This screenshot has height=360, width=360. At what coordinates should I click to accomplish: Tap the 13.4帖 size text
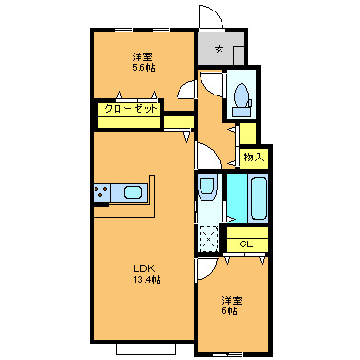(145, 280)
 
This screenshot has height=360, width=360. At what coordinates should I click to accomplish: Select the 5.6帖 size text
(144, 68)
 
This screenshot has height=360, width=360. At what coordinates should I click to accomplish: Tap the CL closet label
(245, 244)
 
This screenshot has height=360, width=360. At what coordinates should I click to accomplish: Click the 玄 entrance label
(219, 49)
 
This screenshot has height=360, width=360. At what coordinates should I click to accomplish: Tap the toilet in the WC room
(241, 94)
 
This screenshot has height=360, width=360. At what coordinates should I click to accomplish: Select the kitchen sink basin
(131, 195)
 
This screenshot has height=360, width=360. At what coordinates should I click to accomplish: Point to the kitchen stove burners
(101, 194)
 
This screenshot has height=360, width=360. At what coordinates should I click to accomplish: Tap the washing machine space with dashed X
(207, 238)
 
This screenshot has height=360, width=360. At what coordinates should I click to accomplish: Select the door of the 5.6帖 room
(187, 91)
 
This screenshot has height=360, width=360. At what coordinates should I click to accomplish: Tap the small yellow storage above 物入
(246, 134)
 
